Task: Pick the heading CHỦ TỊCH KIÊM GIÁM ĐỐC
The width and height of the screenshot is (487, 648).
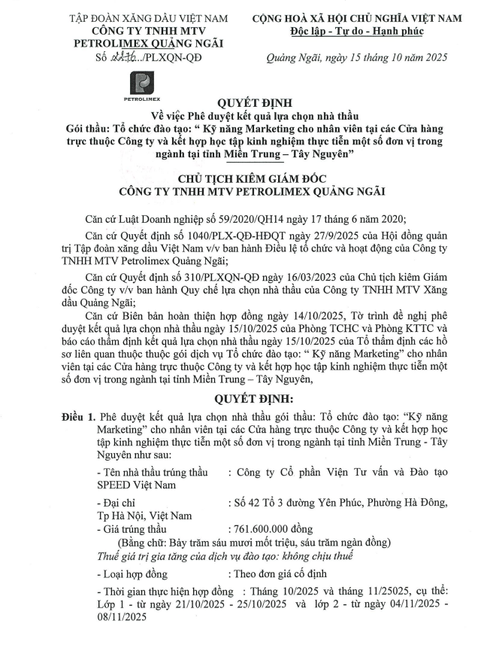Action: [x=243, y=178]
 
